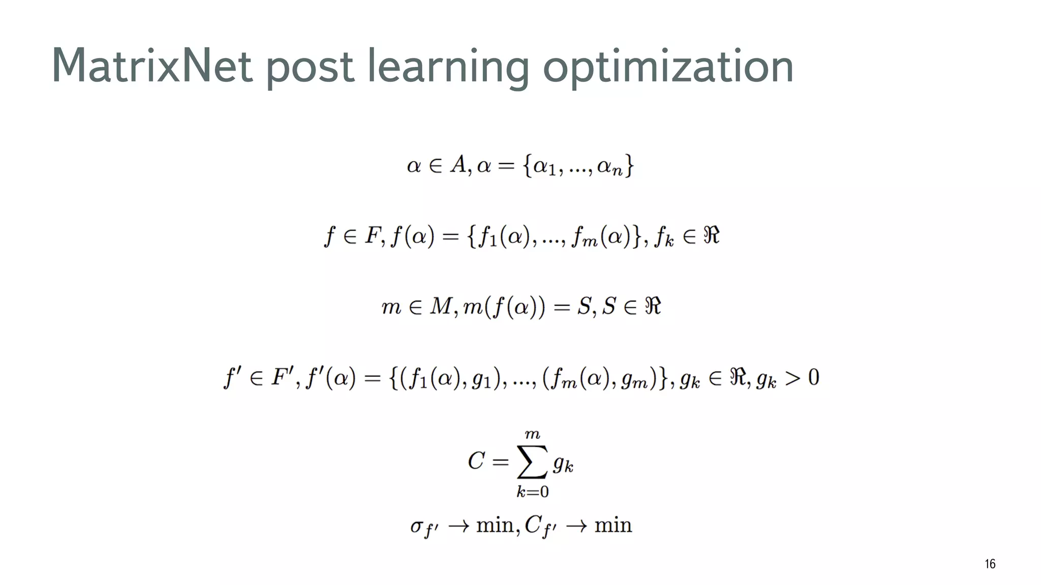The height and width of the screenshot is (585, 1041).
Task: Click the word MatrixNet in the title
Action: click(151, 66)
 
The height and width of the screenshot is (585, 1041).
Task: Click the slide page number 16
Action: click(990, 564)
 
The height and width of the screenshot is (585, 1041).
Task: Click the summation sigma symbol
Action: click(532, 462)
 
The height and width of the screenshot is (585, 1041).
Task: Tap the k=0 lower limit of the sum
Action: click(532, 492)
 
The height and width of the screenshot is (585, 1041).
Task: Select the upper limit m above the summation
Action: click(532, 434)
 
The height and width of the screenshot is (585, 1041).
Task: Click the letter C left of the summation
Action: click(476, 461)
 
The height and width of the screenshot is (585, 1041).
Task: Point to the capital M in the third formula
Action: click(440, 306)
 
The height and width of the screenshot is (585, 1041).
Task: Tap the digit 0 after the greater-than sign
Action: click(813, 377)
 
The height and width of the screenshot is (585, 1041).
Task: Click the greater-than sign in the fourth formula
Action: click(792, 378)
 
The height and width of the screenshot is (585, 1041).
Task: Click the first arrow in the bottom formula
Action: click(458, 526)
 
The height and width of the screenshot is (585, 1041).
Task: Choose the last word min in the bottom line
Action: click(613, 525)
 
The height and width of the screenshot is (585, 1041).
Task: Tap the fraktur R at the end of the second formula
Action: click(711, 236)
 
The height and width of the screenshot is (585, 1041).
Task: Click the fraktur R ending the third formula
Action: click(653, 306)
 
